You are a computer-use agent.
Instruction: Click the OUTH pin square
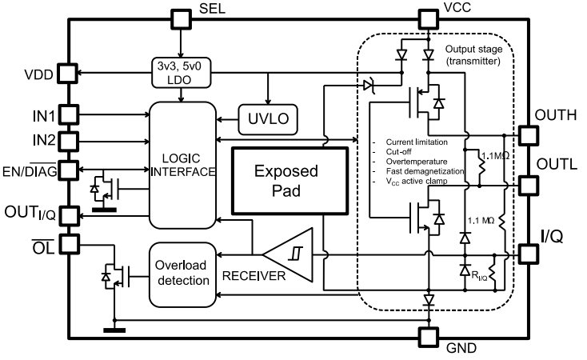pos(528,134)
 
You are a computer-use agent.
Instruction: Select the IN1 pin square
pos(68,115)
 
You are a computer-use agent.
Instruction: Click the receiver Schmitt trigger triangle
pos(293,257)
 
